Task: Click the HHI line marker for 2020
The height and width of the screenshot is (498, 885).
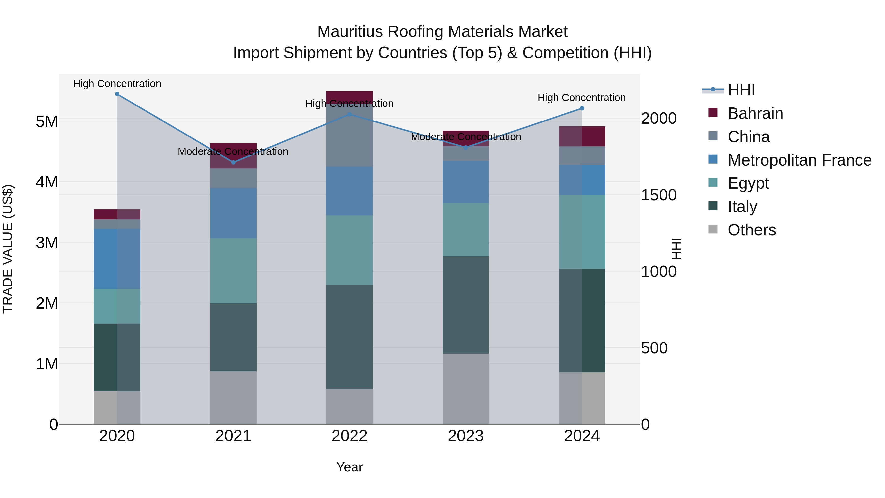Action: (117, 94)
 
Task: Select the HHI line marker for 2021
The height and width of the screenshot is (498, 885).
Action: (233, 162)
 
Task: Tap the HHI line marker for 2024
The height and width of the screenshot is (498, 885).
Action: (582, 108)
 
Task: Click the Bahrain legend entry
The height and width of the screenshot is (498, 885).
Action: (755, 113)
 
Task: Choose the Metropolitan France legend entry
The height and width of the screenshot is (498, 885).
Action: (799, 160)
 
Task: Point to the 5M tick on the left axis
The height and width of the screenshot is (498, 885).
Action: (47, 121)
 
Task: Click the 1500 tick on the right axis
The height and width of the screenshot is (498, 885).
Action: (659, 195)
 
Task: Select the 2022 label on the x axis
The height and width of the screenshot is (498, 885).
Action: (349, 436)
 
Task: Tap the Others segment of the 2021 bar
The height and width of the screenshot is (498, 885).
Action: (233, 397)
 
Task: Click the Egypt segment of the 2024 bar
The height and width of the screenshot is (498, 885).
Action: (582, 232)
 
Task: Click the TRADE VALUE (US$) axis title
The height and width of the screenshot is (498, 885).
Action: (8, 249)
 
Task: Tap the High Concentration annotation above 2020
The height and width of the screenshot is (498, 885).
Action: (117, 84)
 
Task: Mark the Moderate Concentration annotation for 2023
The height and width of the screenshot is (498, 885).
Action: (466, 137)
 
